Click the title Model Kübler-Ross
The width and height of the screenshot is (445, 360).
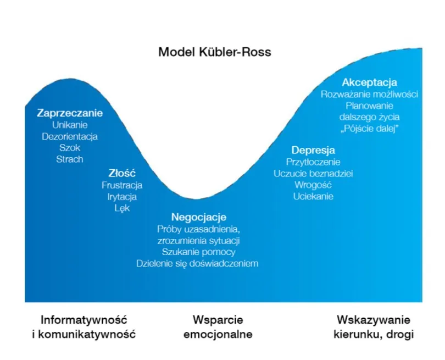point(215,53)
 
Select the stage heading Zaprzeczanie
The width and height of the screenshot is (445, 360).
point(70,113)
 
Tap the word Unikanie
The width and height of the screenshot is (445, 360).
point(70,125)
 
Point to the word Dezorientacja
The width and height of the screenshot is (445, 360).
point(70,136)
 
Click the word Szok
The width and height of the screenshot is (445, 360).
point(70,148)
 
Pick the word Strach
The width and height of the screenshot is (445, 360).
point(70,159)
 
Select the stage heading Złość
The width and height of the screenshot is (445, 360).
point(122,173)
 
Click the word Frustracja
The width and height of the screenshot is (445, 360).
point(122,185)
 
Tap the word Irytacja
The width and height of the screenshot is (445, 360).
point(122,197)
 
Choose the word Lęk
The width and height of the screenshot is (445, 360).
point(122,208)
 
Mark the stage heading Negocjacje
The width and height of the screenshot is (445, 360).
point(198,217)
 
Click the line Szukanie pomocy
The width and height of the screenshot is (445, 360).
point(198,252)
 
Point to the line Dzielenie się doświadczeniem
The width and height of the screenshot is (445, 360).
point(197,263)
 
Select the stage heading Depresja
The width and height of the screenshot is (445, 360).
point(313,150)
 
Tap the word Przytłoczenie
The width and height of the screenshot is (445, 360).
point(313,162)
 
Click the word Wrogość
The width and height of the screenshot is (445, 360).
point(313,185)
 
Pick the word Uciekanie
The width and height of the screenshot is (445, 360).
point(313,196)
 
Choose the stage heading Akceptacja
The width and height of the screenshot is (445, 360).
point(369,82)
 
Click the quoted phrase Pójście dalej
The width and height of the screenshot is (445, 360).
point(369,129)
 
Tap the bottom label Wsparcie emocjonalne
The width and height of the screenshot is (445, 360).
point(218,327)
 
